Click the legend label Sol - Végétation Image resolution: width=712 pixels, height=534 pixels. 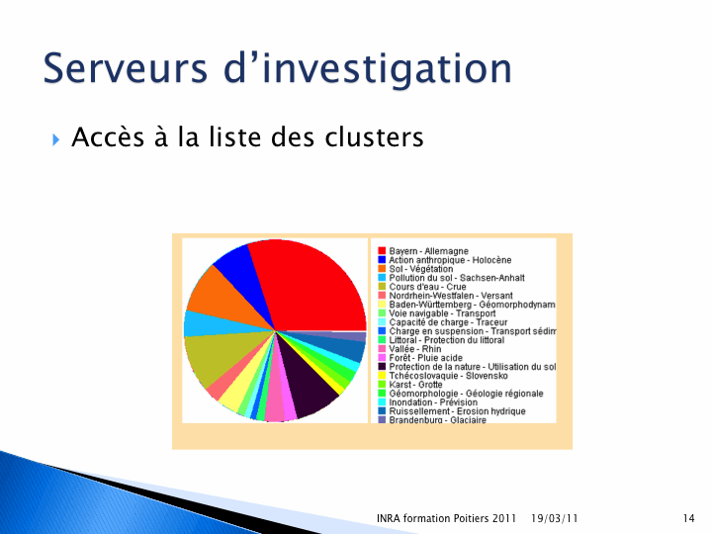click(420, 269)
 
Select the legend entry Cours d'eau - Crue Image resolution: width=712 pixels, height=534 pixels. click(427, 287)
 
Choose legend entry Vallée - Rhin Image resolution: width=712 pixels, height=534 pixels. click(414, 349)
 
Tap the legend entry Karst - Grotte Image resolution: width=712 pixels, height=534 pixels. click(415, 384)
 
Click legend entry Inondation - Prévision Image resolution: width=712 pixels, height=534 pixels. click(433, 402)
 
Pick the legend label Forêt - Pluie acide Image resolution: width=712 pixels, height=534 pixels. click(425, 358)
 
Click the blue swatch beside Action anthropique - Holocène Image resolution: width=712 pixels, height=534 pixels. click(382, 260)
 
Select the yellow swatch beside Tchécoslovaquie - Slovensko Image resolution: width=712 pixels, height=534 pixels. click(382, 376)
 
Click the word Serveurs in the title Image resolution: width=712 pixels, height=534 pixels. click(126, 68)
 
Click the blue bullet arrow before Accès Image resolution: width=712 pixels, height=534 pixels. click(55, 139)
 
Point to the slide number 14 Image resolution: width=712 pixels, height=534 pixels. click(688, 518)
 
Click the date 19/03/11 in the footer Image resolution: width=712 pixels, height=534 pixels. click(554, 518)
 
